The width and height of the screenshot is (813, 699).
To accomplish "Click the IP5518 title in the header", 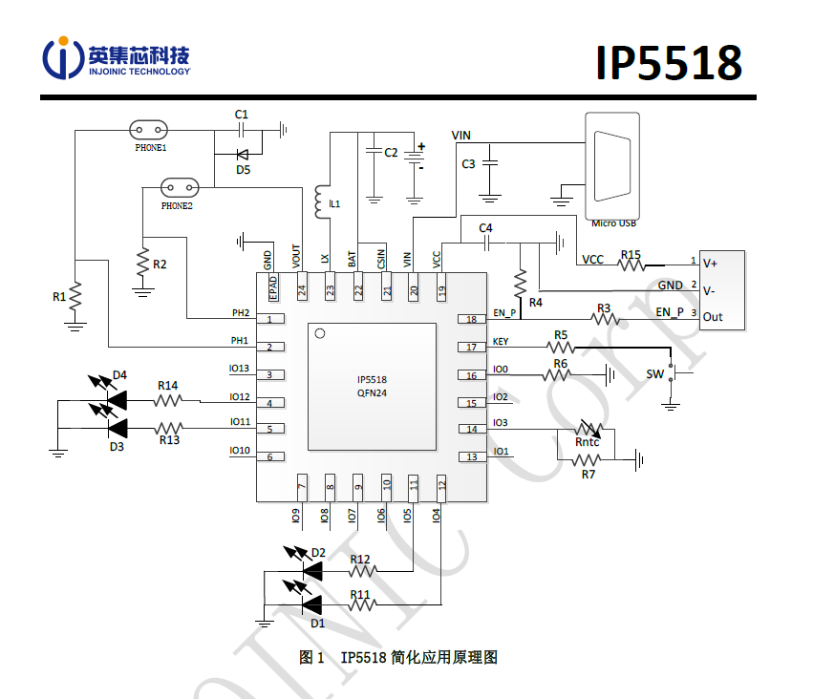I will tap(668, 63).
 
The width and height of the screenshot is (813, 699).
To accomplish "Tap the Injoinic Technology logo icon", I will tap(63, 58).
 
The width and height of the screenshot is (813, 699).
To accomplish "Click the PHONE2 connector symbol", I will tap(178, 186).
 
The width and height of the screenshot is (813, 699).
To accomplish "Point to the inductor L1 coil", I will tap(318, 199).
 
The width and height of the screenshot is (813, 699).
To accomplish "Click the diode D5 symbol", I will tap(242, 154).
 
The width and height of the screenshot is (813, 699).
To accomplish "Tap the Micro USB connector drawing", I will tap(611, 166).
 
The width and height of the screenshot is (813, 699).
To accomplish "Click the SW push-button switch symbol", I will tap(672, 373).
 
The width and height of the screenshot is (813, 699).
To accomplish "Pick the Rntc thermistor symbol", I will tap(586, 431).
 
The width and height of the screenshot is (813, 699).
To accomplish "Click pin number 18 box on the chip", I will tap(470, 319).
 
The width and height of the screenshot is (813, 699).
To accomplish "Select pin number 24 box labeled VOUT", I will tap(302, 289).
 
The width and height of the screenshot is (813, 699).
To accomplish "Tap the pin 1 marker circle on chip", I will tap(321, 333).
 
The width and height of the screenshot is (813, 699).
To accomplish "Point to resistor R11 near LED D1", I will tap(360, 604).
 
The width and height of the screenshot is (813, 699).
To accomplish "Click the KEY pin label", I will tap(501, 341).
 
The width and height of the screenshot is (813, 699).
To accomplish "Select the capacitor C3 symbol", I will tap(490, 163).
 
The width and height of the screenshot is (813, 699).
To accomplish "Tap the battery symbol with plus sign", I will tap(415, 159).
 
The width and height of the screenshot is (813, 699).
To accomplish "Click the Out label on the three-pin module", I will tap(713, 317).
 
